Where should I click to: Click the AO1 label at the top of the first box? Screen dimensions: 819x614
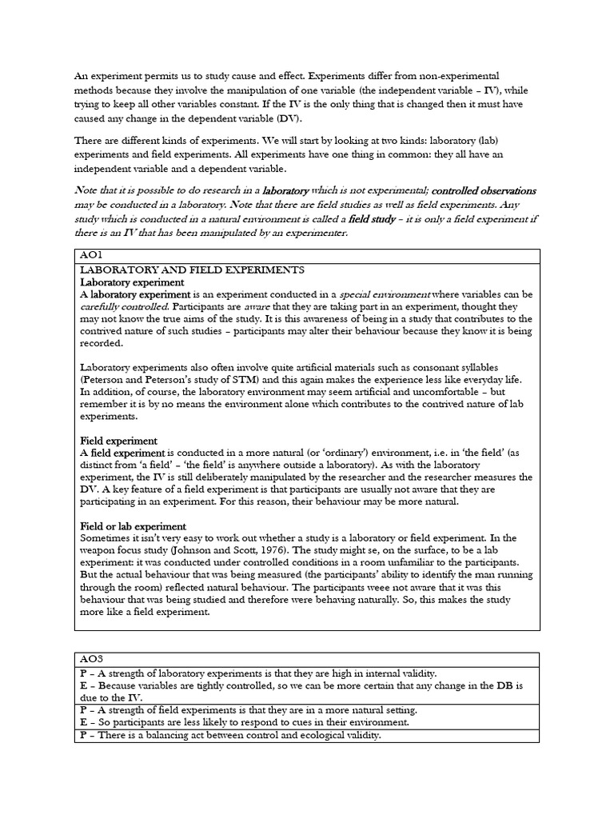point(93,255)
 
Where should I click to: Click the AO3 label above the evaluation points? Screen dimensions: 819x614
point(93,659)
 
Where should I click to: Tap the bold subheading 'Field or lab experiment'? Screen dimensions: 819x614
point(134,525)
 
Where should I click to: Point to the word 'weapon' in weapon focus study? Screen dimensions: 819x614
point(101,551)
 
